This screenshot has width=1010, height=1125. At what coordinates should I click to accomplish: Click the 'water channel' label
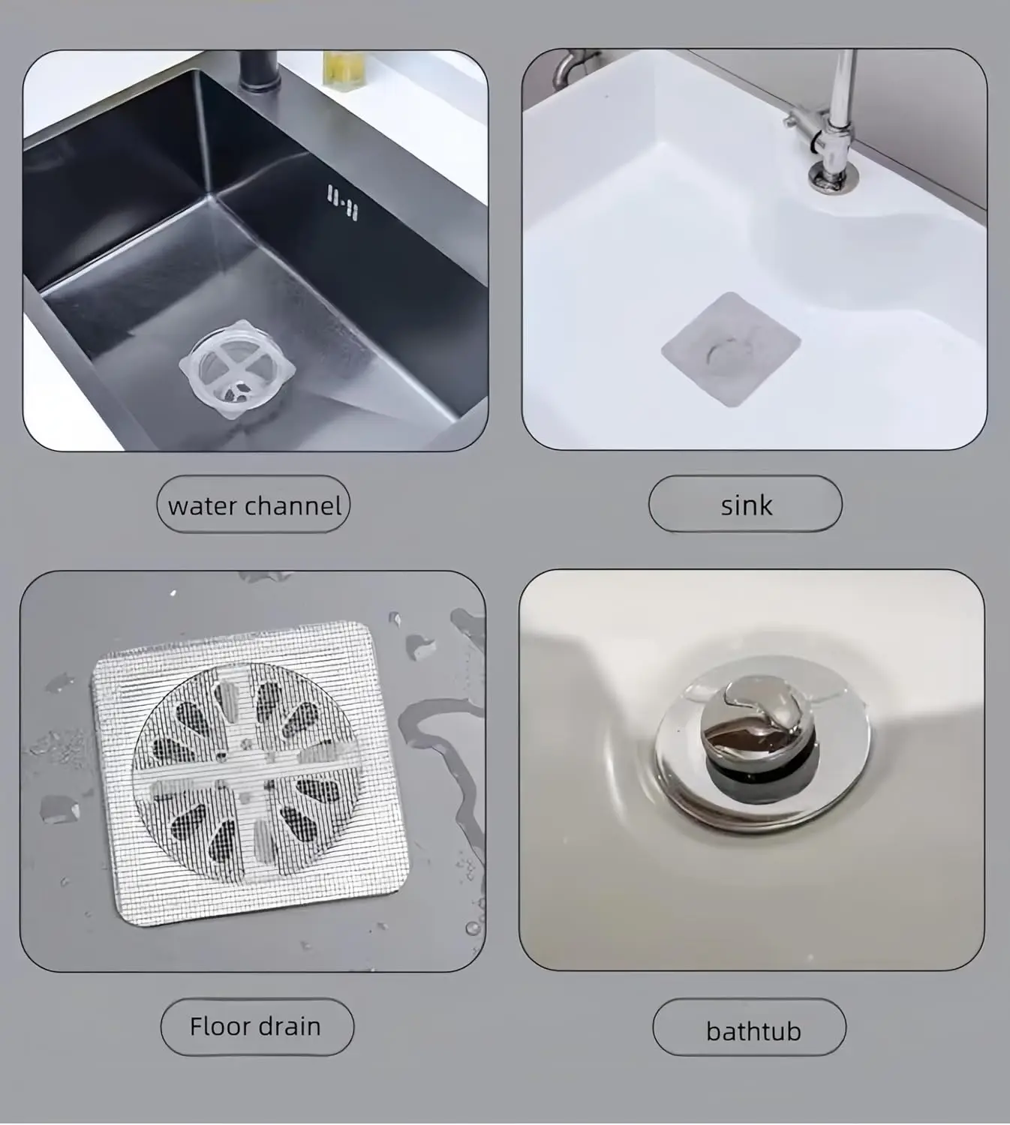click(254, 505)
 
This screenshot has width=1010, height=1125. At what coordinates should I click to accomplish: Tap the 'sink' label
click(746, 504)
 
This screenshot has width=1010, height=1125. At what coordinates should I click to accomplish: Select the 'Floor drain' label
click(257, 1026)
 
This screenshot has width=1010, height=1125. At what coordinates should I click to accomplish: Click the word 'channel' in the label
click(293, 505)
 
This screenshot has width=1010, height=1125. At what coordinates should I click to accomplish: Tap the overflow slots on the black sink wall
click(342, 202)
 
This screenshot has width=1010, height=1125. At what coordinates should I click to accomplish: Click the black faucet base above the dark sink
click(259, 71)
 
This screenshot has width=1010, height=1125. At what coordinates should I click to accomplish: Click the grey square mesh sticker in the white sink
click(731, 349)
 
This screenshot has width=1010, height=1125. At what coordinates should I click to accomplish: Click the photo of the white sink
click(754, 249)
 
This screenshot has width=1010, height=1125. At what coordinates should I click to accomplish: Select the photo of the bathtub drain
click(752, 770)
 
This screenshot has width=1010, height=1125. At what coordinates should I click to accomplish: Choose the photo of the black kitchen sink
click(256, 250)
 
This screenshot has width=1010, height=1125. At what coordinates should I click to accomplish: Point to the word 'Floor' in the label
click(218, 1026)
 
